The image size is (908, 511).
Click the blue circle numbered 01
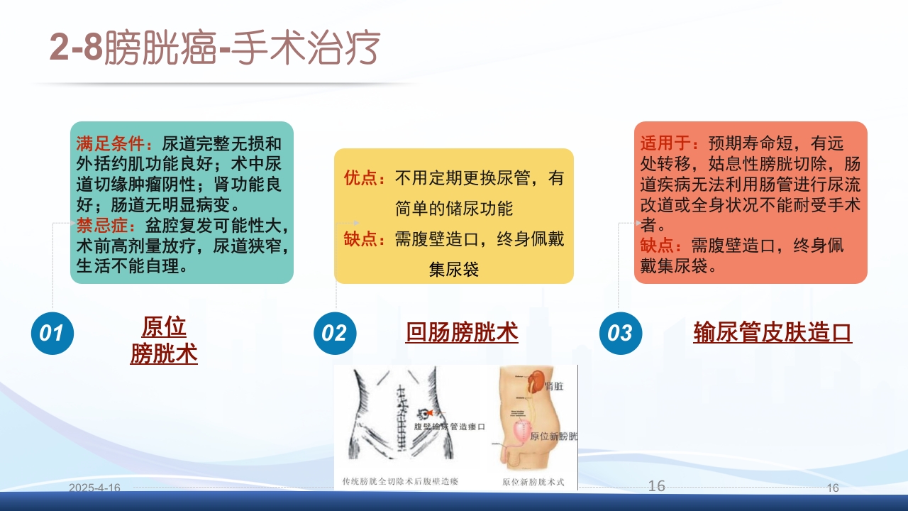coord(52,332)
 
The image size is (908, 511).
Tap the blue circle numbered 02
coord(335,332)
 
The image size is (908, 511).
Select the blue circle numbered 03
coord(620,332)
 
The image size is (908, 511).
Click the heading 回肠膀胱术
coord(462,332)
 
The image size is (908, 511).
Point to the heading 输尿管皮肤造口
coord(773,332)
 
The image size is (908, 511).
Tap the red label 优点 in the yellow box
coord(360,178)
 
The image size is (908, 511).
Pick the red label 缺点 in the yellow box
coord(360,239)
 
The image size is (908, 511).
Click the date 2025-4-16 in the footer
coord(95,488)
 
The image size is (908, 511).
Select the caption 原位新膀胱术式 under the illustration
coord(533,482)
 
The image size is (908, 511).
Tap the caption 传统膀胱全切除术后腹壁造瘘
coord(400,482)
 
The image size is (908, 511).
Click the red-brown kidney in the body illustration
coord(538,380)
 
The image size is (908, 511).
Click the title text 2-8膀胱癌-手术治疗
coord(215,48)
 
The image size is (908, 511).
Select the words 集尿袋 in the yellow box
coord(454,270)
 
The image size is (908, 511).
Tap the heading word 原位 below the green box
coord(164,327)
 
